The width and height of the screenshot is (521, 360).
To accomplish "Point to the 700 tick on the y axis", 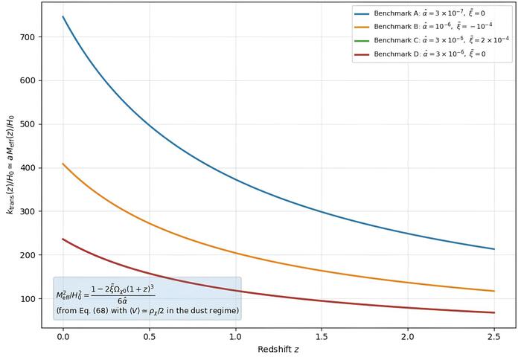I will pyautogui.click(x=35, y=37).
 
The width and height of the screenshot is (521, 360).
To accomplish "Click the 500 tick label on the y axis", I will pyautogui.click(x=35, y=124).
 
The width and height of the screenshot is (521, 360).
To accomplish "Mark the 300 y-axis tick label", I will pyautogui.click(x=35, y=211).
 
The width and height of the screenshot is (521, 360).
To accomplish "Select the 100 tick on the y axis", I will pyautogui.click(x=35, y=299).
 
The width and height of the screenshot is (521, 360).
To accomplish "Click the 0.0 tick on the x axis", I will pyautogui.click(x=63, y=336).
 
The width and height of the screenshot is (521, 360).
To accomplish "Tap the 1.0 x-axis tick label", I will pyautogui.click(x=235, y=336).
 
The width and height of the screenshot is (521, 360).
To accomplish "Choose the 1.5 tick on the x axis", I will pyautogui.click(x=322, y=336).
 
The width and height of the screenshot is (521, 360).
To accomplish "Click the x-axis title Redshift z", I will pyautogui.click(x=278, y=350).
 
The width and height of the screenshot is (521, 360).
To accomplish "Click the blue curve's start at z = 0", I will pyautogui.click(x=63, y=16).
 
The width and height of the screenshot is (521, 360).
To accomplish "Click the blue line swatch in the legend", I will pyautogui.click(x=362, y=13).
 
